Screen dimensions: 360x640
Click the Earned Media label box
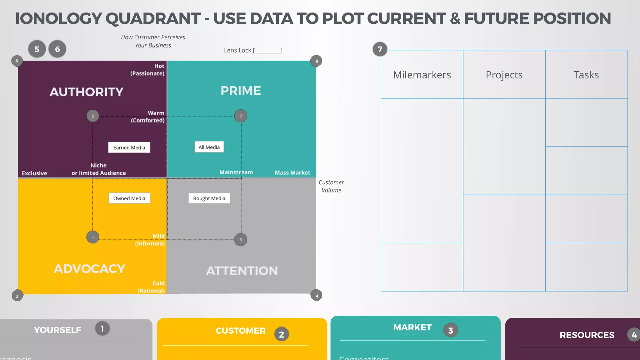click(x=129, y=147)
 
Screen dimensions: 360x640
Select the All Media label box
click(x=209, y=147)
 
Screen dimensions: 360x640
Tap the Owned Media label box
click(x=129, y=198)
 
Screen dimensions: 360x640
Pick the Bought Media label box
click(x=209, y=198)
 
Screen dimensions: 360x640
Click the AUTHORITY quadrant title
click(x=87, y=92)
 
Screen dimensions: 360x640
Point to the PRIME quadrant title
click(x=241, y=91)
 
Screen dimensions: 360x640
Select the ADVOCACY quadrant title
click(x=89, y=269)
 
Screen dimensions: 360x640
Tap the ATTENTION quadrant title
click(x=242, y=271)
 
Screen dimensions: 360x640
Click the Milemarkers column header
click(x=422, y=75)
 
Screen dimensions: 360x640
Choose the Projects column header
click(x=504, y=75)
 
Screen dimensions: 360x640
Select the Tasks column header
click(x=586, y=75)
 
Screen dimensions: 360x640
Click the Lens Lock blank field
click(x=268, y=51)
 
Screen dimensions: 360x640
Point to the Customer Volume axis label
click(x=331, y=186)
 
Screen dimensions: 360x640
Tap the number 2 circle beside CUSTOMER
click(x=282, y=334)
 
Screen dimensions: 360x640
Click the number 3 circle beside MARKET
click(x=451, y=330)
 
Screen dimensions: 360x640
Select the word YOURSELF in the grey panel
click(x=57, y=330)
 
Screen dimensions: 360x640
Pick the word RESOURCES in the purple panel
click(x=587, y=335)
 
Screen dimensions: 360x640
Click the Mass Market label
click(x=292, y=173)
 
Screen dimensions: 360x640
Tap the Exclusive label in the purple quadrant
click(x=34, y=173)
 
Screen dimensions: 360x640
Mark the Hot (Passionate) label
click(x=147, y=70)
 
